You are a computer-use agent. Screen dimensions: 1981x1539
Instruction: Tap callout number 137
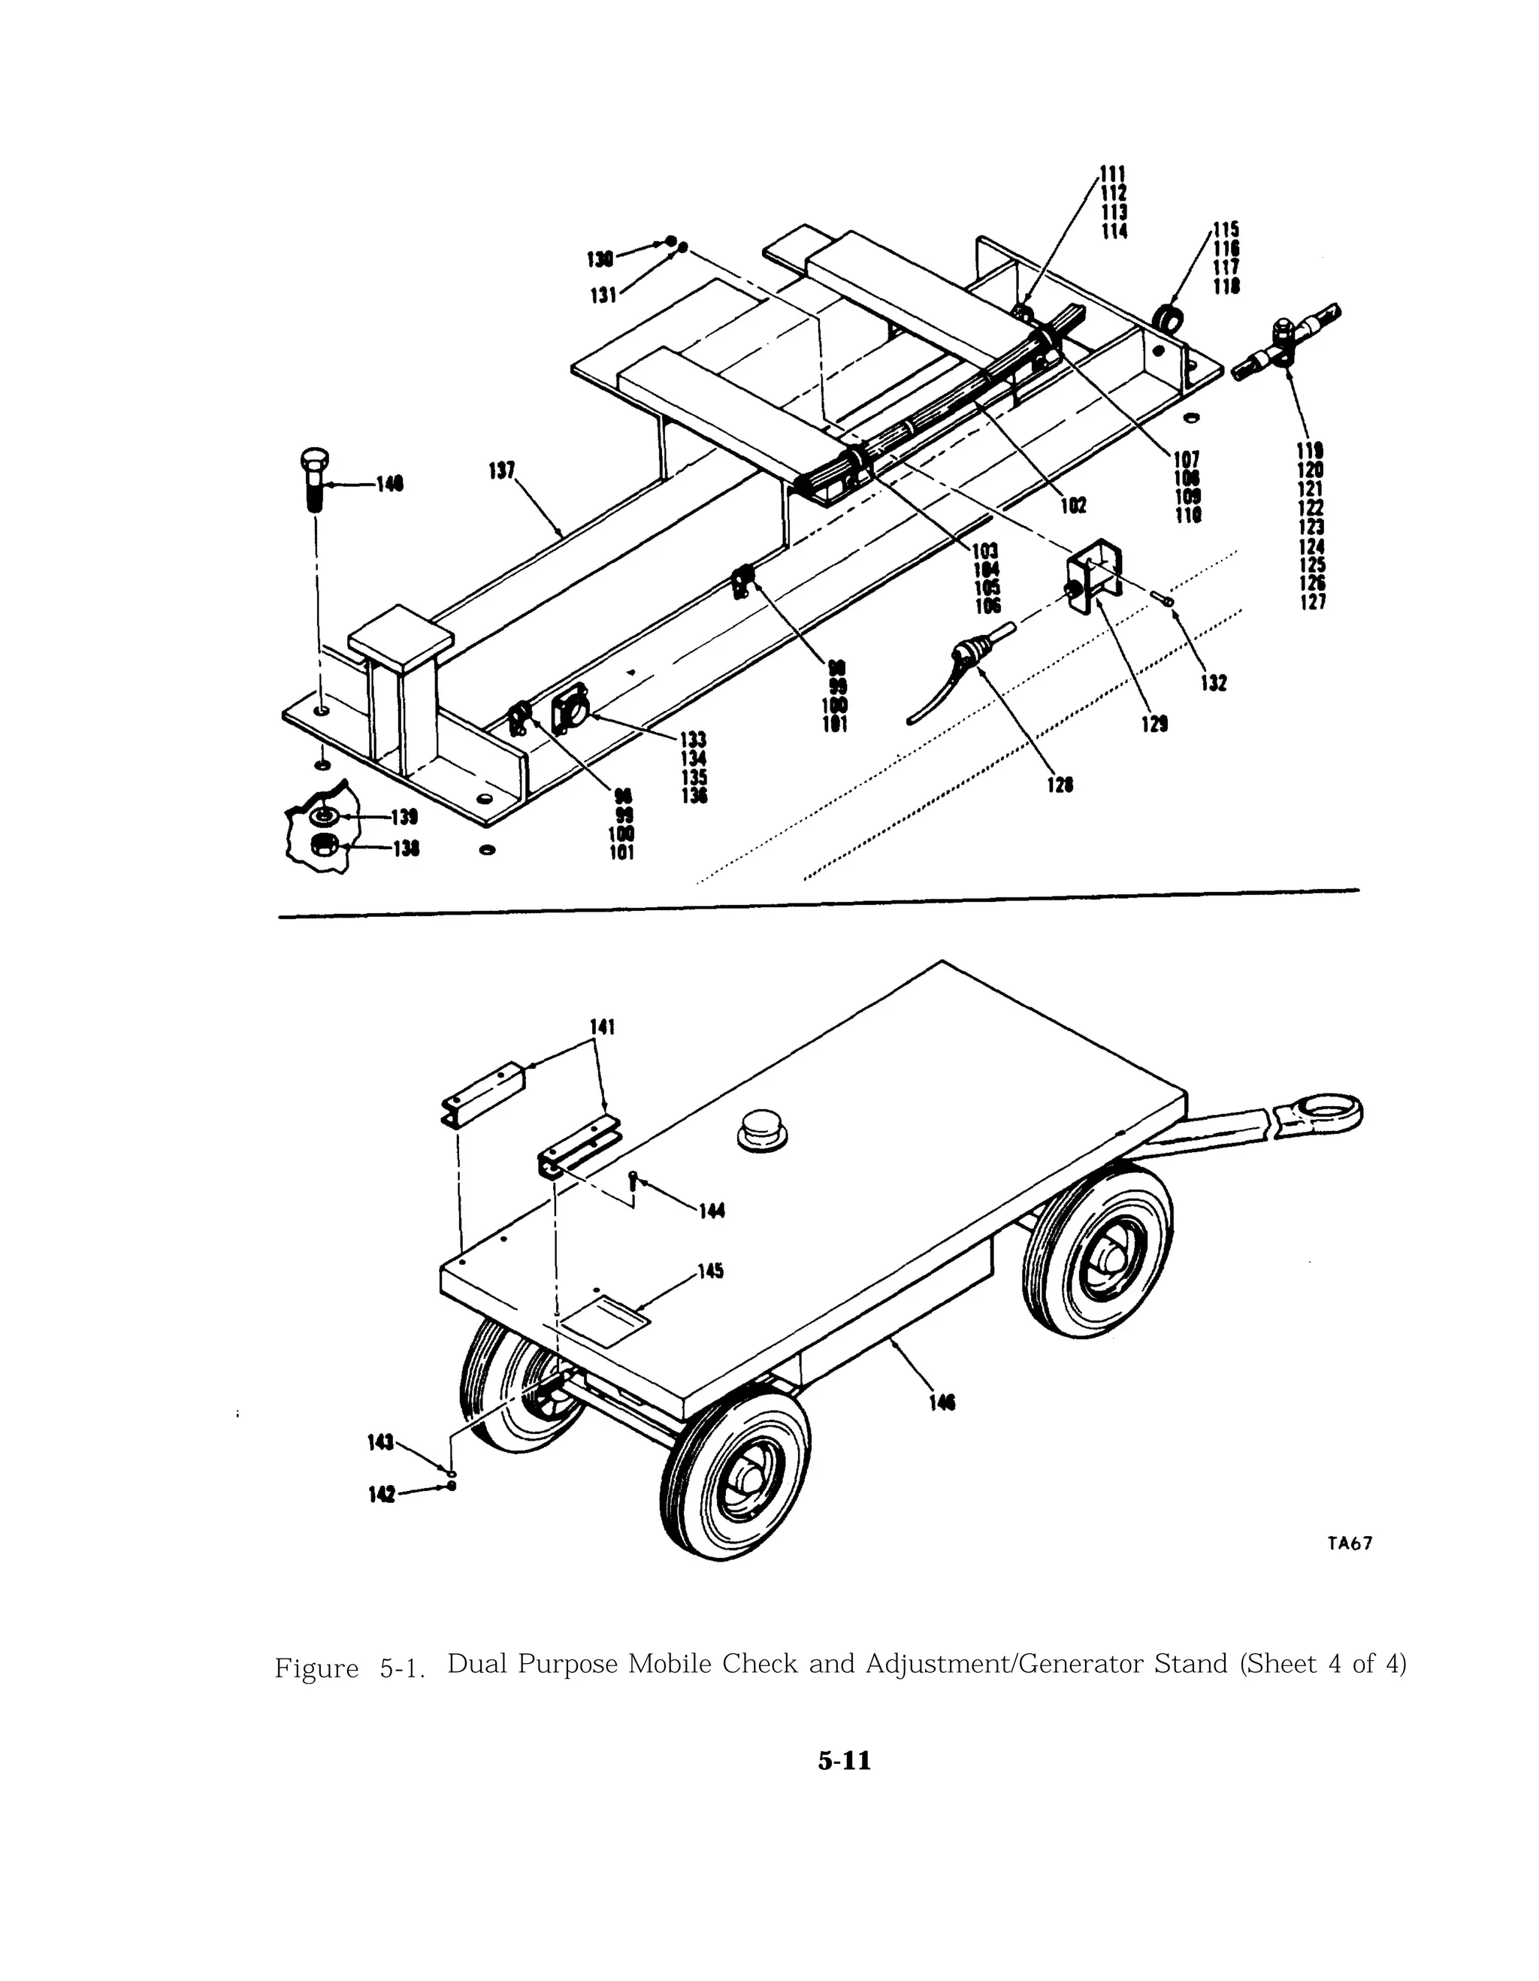click(501, 470)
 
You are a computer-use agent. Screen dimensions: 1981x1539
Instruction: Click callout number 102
click(1073, 505)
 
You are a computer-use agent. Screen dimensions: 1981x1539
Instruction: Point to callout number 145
click(710, 1271)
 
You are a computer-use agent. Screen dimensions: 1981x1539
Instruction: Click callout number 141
click(602, 1027)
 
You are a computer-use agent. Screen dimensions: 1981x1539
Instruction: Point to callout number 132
click(1214, 683)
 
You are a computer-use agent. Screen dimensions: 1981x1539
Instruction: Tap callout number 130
click(600, 259)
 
